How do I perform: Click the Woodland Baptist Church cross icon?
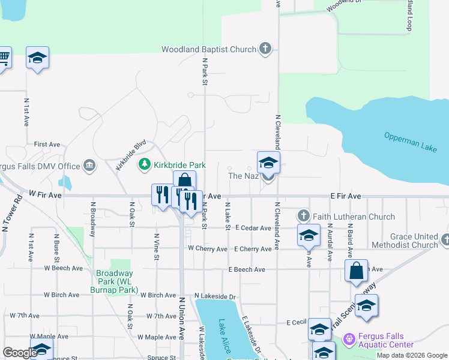(x=265, y=49)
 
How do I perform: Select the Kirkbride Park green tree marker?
(x=145, y=164)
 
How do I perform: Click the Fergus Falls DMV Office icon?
(x=89, y=165)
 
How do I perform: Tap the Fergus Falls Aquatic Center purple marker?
(x=349, y=340)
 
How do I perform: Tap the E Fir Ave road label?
(x=345, y=196)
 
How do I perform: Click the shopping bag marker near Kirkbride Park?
(x=185, y=180)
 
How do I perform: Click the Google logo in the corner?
(x=19, y=353)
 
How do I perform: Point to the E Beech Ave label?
(x=246, y=269)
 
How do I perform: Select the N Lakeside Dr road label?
(x=216, y=296)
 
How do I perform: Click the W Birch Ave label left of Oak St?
(x=61, y=295)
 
